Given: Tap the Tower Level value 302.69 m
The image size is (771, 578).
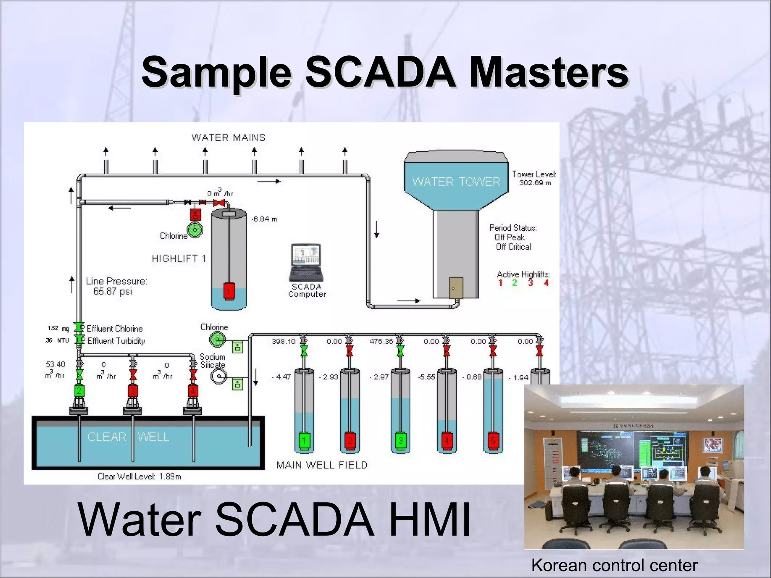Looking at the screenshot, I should pos(535,183).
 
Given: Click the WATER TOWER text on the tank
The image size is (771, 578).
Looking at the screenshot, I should pos(456,182).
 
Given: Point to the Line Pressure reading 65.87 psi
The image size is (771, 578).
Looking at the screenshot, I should pos(113,291).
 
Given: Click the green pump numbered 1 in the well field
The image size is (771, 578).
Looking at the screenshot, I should pos(304,440).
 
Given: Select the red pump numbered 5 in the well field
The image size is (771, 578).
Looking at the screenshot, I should pos(493,440).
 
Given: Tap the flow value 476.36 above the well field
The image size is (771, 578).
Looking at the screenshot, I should pos(381,342).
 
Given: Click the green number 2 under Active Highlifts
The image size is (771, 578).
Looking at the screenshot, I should pos(515,283).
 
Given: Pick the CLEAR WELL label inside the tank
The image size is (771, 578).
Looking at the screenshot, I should pos(128,437).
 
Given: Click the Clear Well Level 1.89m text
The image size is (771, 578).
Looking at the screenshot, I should pos(139,476).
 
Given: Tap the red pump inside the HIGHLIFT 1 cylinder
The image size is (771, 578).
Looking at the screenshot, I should pos(229,291).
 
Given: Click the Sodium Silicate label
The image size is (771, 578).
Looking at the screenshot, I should pos(213,361).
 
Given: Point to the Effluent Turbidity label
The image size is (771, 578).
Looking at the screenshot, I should pos(116,341).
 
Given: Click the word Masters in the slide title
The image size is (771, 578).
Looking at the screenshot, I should pos(549,73).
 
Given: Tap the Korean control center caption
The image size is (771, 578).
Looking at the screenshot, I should pos(614,565).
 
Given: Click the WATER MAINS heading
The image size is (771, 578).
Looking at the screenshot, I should pos(229,138).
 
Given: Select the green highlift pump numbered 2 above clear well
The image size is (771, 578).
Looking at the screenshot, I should pos(79,390).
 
